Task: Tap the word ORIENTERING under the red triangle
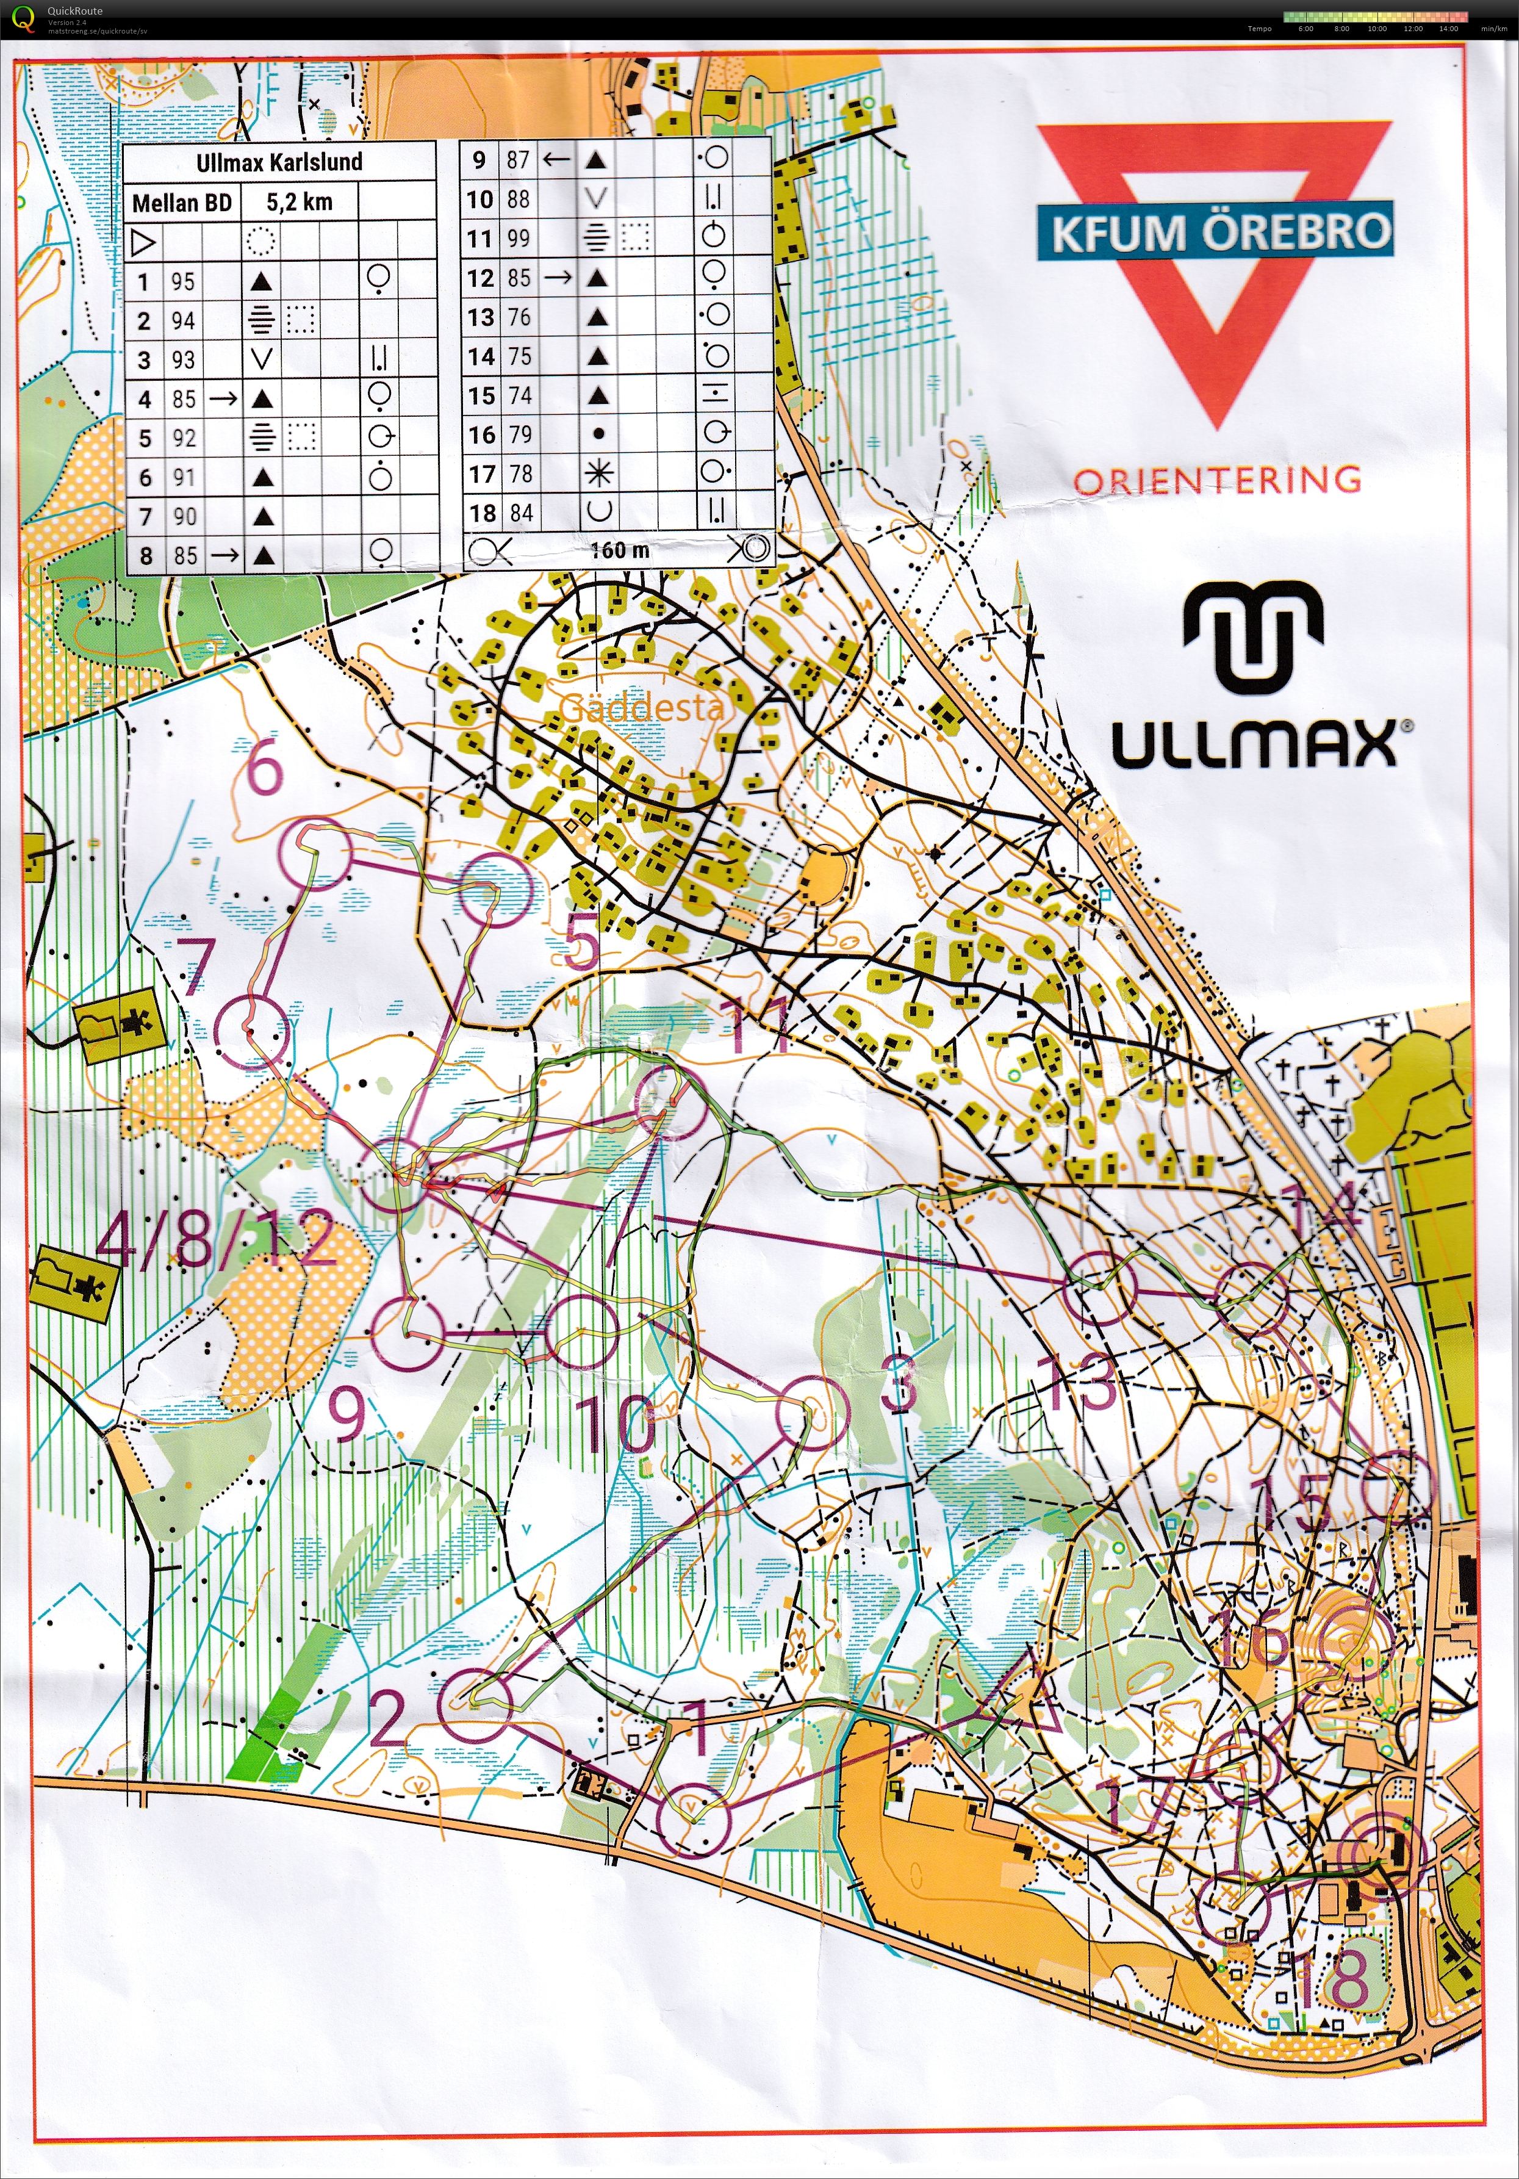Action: click(1217, 480)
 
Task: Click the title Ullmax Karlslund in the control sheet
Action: click(279, 162)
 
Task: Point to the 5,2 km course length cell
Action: click(299, 202)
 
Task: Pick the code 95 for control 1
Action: click(182, 282)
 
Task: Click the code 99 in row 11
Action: click(518, 238)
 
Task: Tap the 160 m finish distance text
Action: click(620, 550)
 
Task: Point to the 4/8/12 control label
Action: click(214, 1239)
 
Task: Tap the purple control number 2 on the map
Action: click(387, 1719)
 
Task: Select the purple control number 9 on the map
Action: click(347, 1413)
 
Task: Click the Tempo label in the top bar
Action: click(1259, 29)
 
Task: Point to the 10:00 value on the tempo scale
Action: click(1377, 29)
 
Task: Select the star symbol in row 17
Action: click(598, 474)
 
